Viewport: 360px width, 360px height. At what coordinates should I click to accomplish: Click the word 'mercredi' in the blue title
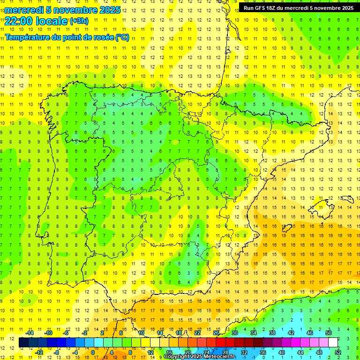point(24,10)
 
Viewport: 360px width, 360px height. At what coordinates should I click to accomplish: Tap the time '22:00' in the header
point(18,21)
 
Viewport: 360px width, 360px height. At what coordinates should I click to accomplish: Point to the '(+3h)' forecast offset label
point(79,21)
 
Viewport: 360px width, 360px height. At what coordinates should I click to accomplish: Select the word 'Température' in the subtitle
point(29,37)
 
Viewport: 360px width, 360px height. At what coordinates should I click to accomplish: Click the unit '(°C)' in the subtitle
point(122,37)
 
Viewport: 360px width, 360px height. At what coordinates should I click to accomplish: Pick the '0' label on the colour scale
point(93,352)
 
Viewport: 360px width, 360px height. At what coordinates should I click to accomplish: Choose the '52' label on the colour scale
point(338,352)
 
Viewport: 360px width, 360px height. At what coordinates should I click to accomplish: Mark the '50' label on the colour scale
point(329,333)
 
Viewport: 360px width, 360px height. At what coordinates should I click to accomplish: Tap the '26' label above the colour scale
point(216,333)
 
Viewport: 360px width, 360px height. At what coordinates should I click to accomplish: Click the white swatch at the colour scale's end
point(333,343)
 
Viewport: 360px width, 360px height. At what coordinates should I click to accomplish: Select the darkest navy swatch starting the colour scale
point(23,343)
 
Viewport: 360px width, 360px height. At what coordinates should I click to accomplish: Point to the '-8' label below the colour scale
point(57,352)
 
